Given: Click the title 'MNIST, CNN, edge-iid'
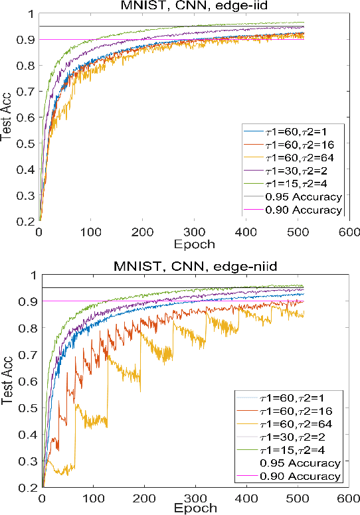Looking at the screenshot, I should point(193,6).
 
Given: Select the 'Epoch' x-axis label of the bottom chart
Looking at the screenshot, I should point(194,508).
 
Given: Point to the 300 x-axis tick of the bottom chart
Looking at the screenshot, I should point(195,496).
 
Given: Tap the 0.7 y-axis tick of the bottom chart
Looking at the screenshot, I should point(27,354).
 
